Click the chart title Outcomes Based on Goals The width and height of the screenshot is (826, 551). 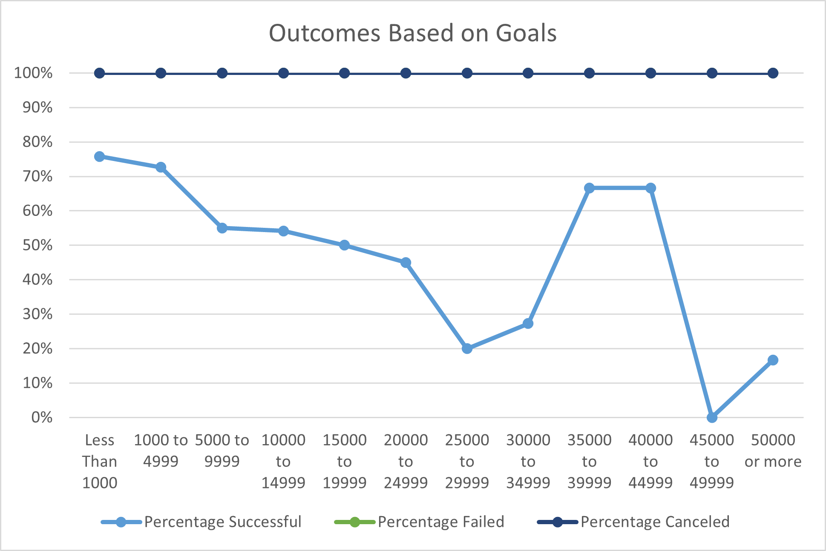pos(412,33)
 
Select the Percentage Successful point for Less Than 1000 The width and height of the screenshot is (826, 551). pos(99,157)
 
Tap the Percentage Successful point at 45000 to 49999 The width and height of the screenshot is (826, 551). pos(712,417)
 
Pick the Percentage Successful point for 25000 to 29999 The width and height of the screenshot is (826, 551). pos(467,349)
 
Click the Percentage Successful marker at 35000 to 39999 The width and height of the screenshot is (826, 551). pos(589,188)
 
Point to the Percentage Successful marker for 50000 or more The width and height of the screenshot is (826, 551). pos(773,360)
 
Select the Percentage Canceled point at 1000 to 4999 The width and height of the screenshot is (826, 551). pos(161,73)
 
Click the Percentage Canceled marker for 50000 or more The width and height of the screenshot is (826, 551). pos(773,73)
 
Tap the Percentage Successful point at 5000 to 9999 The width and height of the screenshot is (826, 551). pos(222,228)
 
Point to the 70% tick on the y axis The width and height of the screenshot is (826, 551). pos(37,176)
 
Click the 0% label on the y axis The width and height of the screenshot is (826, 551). pos(42,417)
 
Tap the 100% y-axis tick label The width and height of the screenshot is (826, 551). pos(33,73)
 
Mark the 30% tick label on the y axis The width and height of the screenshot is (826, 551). pos(37,314)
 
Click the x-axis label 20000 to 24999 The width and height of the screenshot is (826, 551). pos(406,461)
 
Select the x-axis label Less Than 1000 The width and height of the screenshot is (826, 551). pos(99,461)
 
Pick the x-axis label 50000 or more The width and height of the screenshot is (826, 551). pos(773,451)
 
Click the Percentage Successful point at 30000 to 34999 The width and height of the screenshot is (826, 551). pos(528,324)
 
